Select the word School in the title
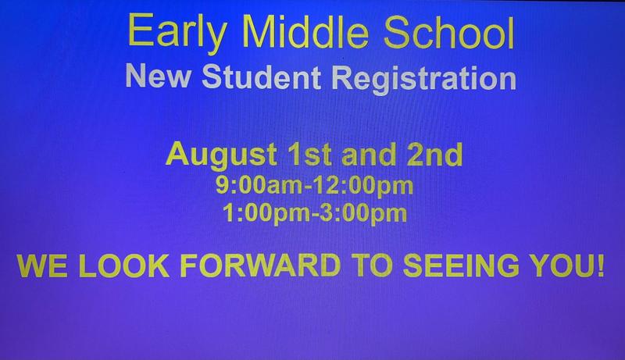pyautogui.click(x=438, y=34)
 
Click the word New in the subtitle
pyautogui.click(x=156, y=78)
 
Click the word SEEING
pyautogui.click(x=450, y=266)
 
